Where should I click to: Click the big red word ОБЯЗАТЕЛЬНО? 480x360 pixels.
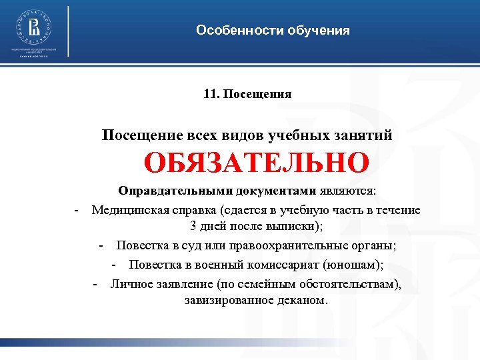coord(256,162)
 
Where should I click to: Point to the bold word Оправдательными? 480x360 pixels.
coord(167,191)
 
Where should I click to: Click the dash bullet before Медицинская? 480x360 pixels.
coord(77,210)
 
